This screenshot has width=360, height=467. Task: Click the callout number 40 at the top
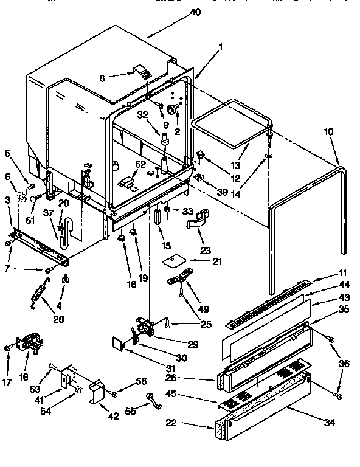tap(195, 12)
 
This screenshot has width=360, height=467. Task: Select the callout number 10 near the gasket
tap(328, 131)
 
